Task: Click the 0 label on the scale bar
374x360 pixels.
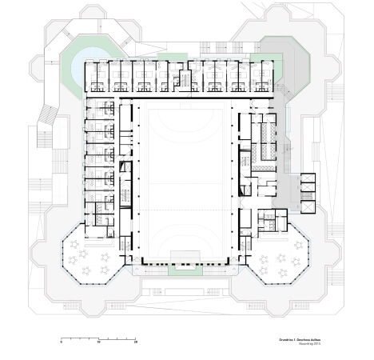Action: [62, 342]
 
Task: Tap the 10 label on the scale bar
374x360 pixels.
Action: [99, 342]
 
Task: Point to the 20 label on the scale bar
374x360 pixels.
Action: [137, 342]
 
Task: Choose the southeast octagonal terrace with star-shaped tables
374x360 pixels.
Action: [281, 256]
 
